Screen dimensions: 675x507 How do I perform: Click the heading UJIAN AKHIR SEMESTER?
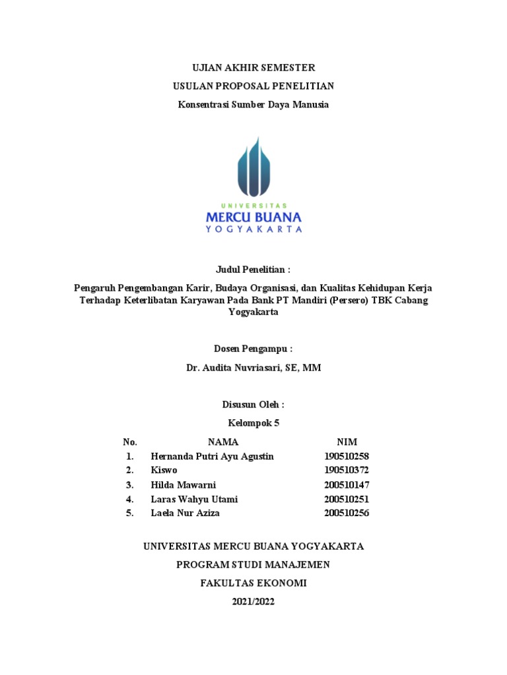coord(253,68)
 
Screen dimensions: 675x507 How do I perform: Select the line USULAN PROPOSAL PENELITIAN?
coord(253,86)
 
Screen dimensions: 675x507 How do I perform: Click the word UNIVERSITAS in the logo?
coord(253,206)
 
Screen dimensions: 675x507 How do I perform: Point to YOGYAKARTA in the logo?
coord(253,229)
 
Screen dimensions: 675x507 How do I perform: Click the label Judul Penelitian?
coord(253,270)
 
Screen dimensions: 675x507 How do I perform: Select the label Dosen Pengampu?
coord(253,349)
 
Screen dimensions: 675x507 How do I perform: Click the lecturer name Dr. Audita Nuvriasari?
coord(253,368)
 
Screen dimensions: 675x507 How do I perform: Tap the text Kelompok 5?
coord(253,423)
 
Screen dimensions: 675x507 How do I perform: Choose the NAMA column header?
coord(223,442)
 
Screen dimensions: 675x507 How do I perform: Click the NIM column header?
coord(347,442)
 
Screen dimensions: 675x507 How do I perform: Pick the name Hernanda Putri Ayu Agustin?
coord(212,456)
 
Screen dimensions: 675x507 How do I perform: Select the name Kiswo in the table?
coord(164,471)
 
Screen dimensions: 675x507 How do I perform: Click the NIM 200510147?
coord(347,485)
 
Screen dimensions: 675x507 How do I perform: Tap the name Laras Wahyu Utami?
coord(194,499)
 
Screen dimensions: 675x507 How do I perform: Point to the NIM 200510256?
coord(347,514)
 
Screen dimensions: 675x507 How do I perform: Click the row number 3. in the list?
coord(130,485)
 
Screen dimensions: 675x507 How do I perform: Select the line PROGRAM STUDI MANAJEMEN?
coord(253,565)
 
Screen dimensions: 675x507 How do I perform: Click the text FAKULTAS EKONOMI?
coord(253,583)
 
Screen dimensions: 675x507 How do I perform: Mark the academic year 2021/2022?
coord(253,602)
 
